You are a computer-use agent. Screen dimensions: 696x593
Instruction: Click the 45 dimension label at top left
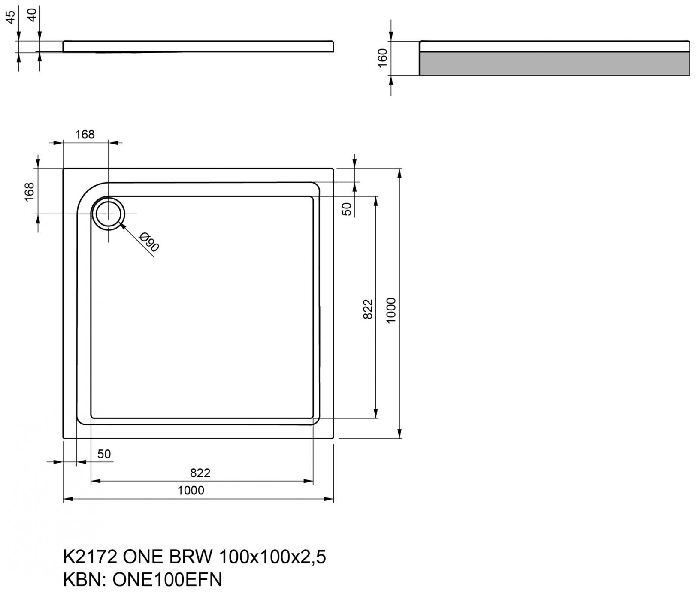(x=11, y=16)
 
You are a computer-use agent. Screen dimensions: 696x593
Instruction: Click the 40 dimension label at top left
(x=32, y=16)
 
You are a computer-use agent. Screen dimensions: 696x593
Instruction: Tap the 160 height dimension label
(x=382, y=58)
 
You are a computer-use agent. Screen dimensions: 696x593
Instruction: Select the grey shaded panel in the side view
(x=554, y=63)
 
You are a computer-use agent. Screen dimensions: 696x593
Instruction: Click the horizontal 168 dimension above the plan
(x=85, y=135)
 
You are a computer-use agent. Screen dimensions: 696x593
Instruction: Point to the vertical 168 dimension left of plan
(x=29, y=192)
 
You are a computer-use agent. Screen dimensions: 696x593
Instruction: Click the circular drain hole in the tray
(x=109, y=213)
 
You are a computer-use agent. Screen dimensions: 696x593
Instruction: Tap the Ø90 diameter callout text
(x=150, y=242)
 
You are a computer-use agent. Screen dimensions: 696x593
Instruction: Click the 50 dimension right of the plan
(x=347, y=209)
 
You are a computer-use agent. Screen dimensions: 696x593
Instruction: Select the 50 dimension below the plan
(x=104, y=454)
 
